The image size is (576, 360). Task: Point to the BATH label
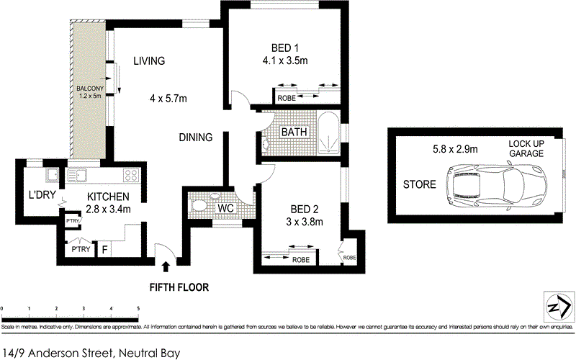pyautogui.click(x=294, y=132)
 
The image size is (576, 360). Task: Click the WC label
pyautogui.click(x=225, y=208)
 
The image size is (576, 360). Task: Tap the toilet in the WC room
pyautogui.click(x=199, y=205)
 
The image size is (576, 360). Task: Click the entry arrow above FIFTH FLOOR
pyautogui.click(x=167, y=267)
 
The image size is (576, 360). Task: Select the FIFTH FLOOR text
pyautogui.click(x=179, y=287)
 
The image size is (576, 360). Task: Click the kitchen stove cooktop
pyautogui.click(x=130, y=175)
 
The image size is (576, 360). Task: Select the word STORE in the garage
pyautogui.click(x=419, y=184)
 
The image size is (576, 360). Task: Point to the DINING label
pyautogui.click(x=196, y=137)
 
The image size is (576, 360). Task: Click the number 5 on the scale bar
pyautogui.click(x=138, y=309)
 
